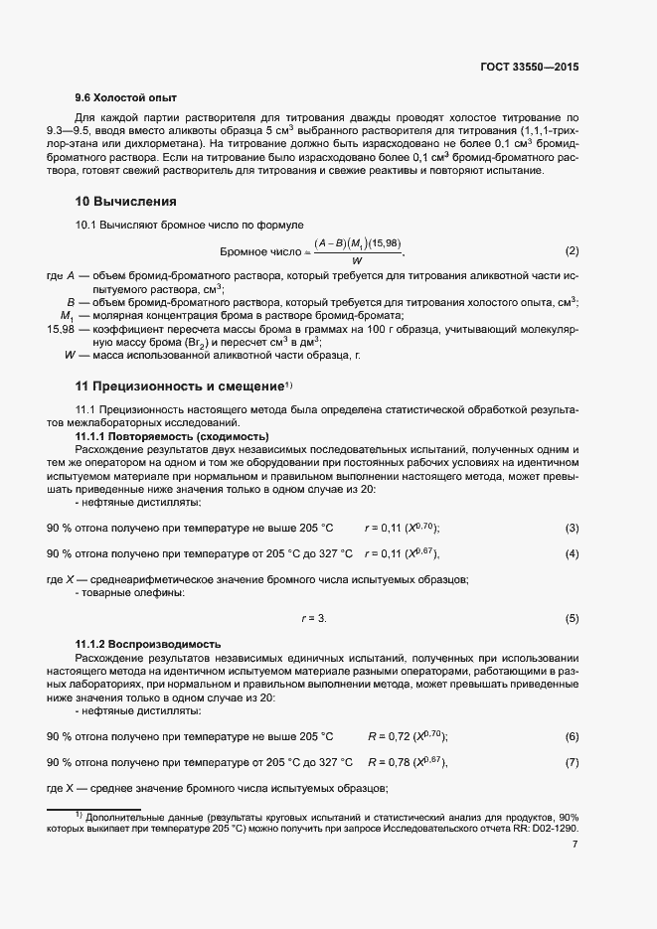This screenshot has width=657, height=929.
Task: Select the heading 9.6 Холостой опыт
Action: point(126,98)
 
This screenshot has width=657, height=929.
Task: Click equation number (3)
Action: point(572,527)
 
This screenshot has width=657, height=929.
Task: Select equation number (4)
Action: point(572,553)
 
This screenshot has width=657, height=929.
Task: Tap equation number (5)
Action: point(572,618)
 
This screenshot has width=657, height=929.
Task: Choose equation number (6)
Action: point(572,736)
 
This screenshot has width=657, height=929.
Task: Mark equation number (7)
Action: point(572,762)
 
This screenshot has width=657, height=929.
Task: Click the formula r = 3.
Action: point(314,618)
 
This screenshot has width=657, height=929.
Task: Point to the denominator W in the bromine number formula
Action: point(356,260)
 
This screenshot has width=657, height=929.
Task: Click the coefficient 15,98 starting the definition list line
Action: point(61,327)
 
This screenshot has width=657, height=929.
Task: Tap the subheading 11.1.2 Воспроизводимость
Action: point(148,645)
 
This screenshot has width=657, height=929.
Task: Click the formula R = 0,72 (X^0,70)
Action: point(408,736)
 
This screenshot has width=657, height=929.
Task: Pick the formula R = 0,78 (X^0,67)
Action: point(408,762)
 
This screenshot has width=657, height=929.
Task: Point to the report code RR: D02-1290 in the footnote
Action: point(545,827)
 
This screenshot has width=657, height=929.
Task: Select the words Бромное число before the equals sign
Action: point(262,250)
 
